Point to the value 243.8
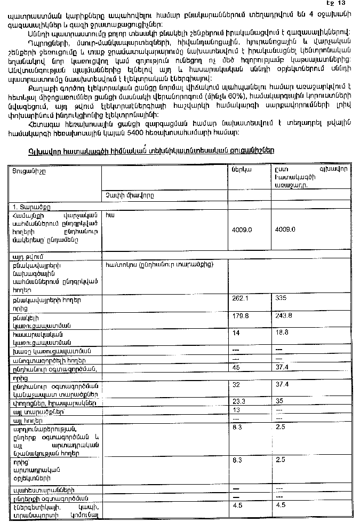(x=283, y=315)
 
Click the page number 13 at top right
(x=349, y=3)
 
